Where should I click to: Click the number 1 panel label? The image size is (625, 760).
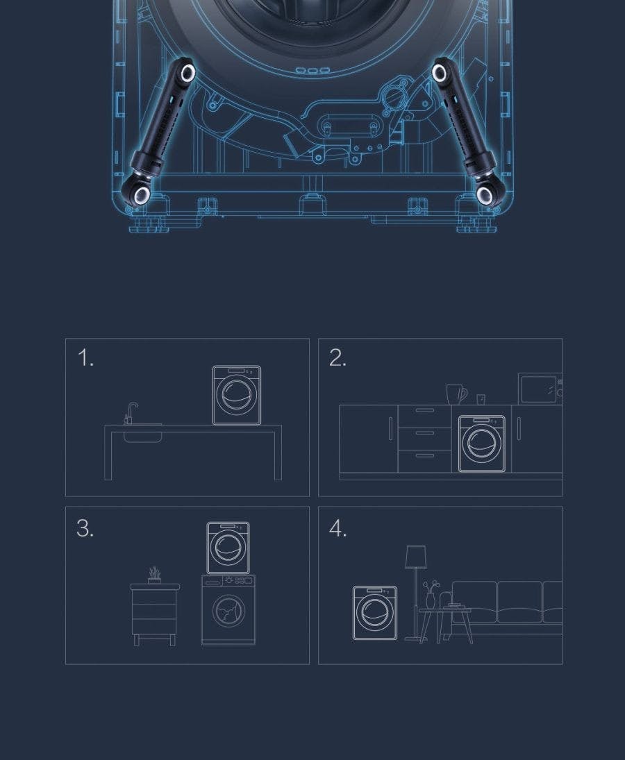pos(85,358)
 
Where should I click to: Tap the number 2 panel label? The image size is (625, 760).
pos(337,358)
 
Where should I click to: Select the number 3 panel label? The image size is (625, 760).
pos(85,527)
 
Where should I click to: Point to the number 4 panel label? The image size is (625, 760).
pos(338,527)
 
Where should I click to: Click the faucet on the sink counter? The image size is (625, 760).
pos(131,412)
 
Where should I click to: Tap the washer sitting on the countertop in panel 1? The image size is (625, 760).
pos(237,395)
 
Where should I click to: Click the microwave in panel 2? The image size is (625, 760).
pos(540,388)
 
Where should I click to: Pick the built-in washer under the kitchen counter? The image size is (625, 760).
pos(481,444)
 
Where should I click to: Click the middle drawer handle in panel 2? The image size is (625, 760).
pos(425,432)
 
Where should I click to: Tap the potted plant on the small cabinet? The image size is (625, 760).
pos(155,575)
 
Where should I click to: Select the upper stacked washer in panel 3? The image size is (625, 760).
pos(228,548)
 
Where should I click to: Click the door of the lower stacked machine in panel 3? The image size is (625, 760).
pos(228,611)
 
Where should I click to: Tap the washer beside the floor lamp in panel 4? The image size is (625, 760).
pos(375,613)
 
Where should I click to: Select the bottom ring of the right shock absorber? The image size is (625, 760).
pos(484,195)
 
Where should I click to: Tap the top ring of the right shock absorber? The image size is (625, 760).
pos(440,73)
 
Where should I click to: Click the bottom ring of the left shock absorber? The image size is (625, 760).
pos(142,195)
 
